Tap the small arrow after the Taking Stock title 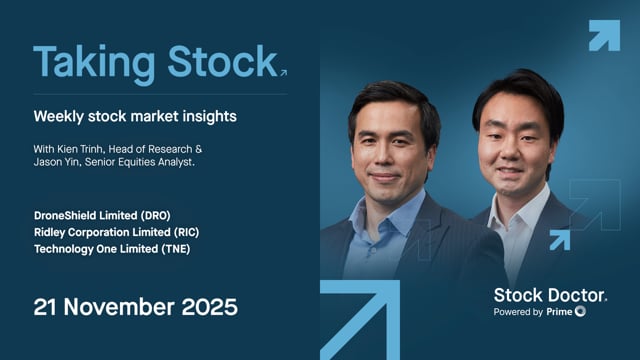283,72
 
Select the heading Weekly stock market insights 135,117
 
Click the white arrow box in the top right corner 604,35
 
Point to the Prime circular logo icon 581,312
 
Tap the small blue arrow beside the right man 559,239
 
